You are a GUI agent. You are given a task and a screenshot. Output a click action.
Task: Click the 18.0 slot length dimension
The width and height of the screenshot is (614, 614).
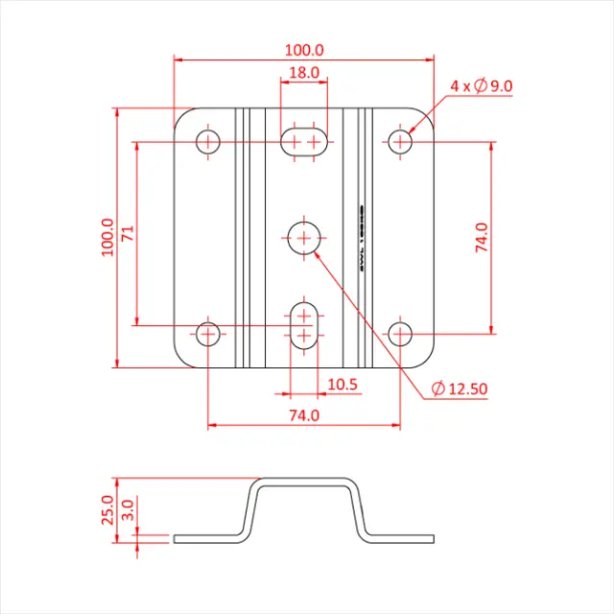tap(304, 73)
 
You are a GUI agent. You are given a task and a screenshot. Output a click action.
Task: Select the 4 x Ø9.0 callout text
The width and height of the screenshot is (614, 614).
tap(482, 86)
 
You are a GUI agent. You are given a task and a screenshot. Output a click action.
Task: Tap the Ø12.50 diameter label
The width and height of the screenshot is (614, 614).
tap(460, 389)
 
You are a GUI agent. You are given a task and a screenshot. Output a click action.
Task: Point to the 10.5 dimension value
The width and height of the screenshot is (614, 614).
tap(342, 384)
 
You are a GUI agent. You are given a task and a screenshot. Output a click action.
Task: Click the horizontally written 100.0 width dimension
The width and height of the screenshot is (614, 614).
tap(304, 49)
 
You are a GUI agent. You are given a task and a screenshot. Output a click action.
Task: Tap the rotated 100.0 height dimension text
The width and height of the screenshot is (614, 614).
tap(106, 237)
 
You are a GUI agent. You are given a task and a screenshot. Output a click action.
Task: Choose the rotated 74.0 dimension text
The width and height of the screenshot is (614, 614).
tap(482, 237)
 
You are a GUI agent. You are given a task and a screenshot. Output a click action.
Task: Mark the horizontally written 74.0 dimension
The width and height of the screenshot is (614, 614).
tap(304, 415)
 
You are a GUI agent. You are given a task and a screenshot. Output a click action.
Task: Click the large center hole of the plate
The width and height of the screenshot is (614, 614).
tap(305, 237)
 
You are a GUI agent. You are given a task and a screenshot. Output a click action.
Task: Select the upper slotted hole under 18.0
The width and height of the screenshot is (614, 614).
tap(304, 142)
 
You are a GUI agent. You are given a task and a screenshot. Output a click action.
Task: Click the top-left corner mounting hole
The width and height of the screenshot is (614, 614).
tap(208, 142)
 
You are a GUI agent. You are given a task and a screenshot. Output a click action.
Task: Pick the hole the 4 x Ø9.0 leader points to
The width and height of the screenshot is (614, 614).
tap(401, 142)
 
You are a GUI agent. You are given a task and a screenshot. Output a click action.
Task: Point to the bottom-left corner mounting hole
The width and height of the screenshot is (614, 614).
tap(208, 334)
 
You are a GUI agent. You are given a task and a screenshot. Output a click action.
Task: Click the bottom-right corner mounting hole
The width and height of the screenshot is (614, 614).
tap(401, 334)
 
